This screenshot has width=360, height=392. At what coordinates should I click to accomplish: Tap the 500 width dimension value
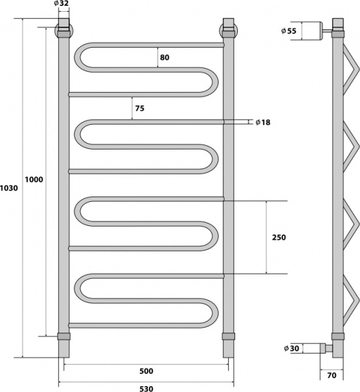pos(146,371)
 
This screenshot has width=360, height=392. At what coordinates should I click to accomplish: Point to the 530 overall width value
pos(146,388)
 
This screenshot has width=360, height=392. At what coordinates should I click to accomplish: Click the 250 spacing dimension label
pos(278,237)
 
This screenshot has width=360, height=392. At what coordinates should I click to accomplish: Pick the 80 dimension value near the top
pos(164,57)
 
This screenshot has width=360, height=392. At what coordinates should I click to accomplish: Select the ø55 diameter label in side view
pos(289,31)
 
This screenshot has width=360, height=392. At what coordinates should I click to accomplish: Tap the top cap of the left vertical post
pos(63,29)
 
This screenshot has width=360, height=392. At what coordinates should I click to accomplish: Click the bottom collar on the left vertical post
pos(63,336)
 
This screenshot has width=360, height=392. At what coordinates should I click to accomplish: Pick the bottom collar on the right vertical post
pos(228,336)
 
